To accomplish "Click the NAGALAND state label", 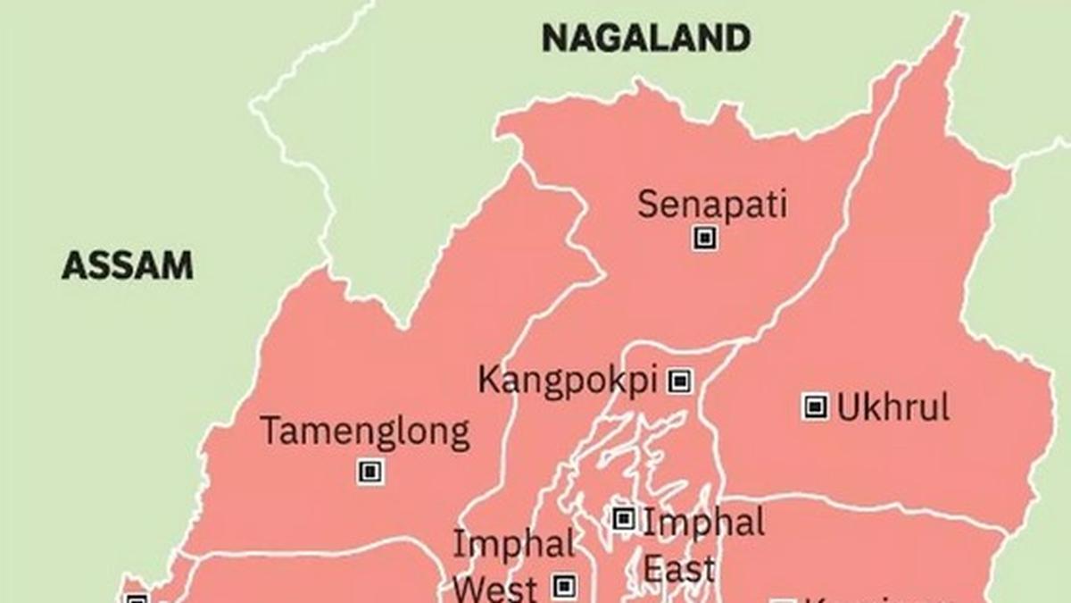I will [646, 38].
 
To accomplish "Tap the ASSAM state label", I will [128, 265].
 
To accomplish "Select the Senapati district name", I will [711, 205].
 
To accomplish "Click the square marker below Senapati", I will [705, 238].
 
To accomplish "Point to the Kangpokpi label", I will [568, 380].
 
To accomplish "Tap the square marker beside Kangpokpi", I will [680, 381].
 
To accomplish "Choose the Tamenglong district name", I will [364, 432].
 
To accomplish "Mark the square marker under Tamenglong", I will [370, 471].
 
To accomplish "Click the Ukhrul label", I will [892, 407].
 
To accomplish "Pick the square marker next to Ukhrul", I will [814, 407].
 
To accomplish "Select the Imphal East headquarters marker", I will [623, 518].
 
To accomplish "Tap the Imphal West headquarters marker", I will [563, 586].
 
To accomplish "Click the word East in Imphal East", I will [679, 569].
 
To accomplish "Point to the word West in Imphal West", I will [494, 589].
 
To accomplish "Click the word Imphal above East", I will [703, 522].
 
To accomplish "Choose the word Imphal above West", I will [513, 544].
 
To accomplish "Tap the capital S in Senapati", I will [648, 205].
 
